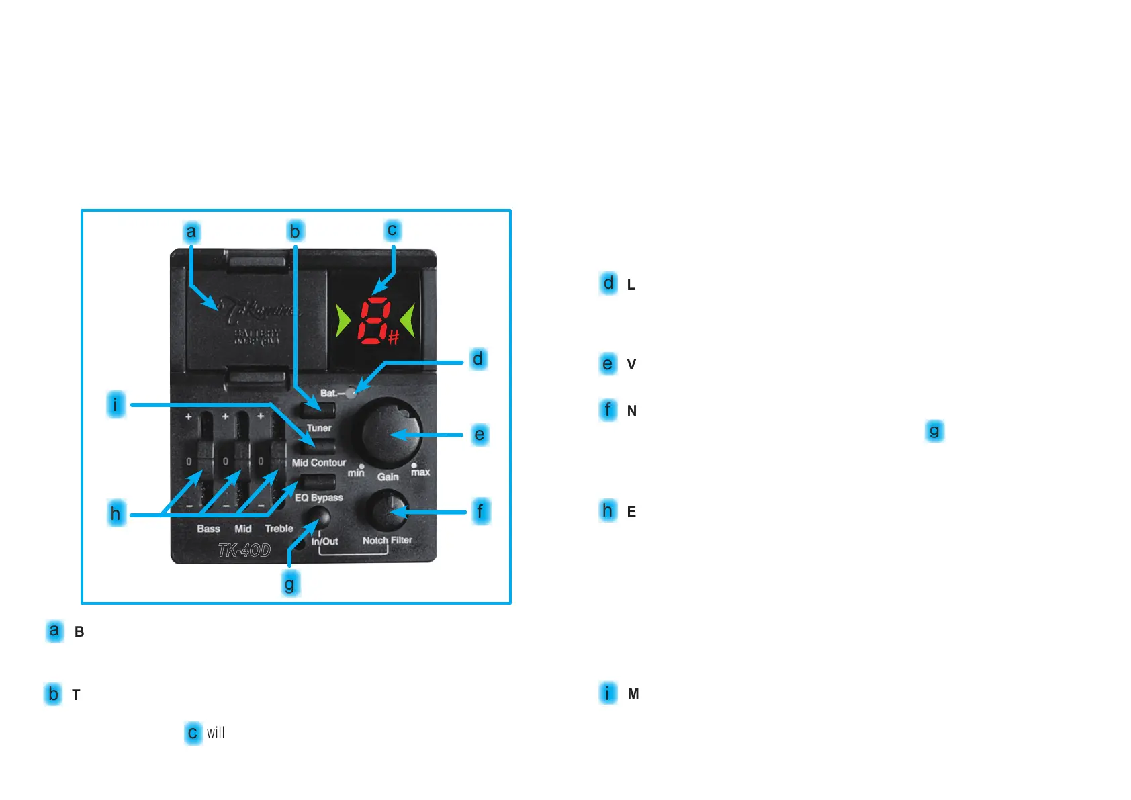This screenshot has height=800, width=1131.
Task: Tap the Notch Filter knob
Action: tap(388, 510)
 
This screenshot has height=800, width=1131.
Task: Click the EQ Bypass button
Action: tap(318, 482)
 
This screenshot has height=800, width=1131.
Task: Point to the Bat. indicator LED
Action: tap(351, 393)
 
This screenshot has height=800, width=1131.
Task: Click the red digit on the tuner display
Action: tap(373, 320)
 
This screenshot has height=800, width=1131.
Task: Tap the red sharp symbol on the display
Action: tap(394, 337)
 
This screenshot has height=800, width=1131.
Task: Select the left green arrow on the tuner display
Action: tap(343, 320)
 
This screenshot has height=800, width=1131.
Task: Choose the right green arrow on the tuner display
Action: tap(408, 320)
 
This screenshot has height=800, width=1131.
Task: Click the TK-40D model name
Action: tap(244, 551)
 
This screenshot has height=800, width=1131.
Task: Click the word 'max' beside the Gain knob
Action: tap(420, 472)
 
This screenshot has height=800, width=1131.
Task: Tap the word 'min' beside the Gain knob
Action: tap(356, 473)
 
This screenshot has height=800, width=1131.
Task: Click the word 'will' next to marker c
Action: tap(216, 732)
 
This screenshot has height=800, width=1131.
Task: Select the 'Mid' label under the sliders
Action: tap(243, 529)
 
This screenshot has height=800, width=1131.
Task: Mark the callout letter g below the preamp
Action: tap(289, 584)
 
